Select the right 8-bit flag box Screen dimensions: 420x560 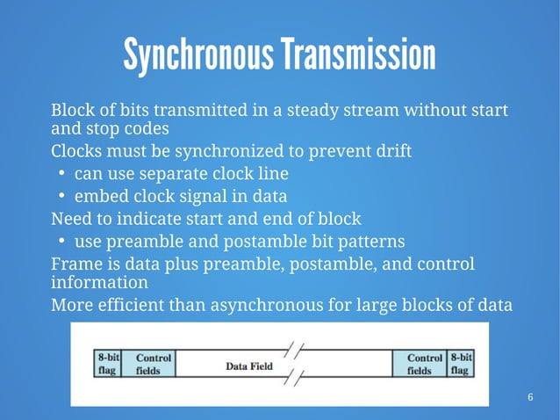pyautogui.click(x=461, y=364)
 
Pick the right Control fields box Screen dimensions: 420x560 pyautogui.click(x=424, y=364)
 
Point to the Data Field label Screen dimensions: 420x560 pyautogui.click(x=249, y=366)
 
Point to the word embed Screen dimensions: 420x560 pyautogui.click(x=98, y=195)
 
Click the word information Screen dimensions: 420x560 pyautogui.click(x=99, y=284)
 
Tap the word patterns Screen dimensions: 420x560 pyautogui.click(x=372, y=240)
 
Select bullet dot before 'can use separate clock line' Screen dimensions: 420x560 pyautogui.click(x=62, y=174)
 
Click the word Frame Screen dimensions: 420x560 pyautogui.click(x=75, y=264)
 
